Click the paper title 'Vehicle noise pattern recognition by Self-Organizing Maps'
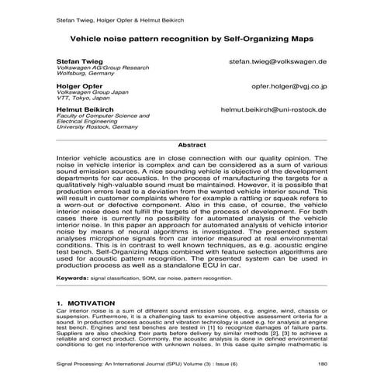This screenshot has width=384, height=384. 192,36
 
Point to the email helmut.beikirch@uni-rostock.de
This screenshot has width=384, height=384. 274,110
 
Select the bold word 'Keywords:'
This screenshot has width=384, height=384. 73,277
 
